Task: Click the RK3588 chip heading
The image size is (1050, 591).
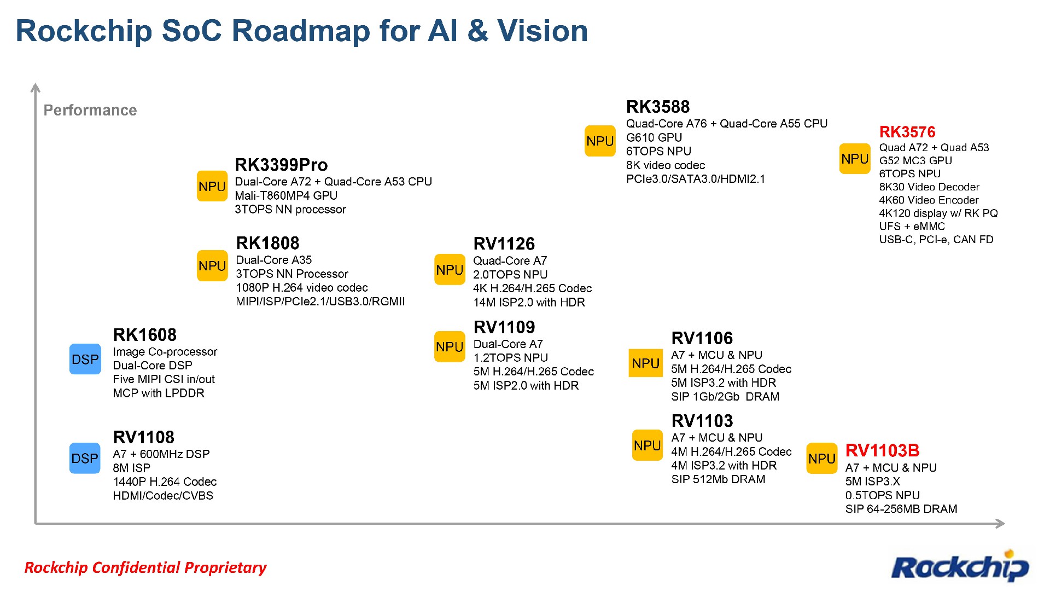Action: tap(658, 107)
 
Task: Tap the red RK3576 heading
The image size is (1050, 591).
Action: tap(907, 132)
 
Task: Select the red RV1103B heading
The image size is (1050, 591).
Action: tap(882, 451)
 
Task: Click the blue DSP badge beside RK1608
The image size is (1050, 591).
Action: tap(85, 359)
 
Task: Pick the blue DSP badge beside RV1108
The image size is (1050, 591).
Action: tap(85, 458)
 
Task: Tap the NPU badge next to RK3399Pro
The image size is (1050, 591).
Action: tap(212, 186)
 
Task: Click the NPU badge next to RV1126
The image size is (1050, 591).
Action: tap(450, 269)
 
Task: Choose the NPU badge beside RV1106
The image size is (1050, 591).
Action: tap(646, 363)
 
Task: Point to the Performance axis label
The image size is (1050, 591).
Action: tap(90, 110)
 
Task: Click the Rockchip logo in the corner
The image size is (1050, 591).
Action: tap(960, 567)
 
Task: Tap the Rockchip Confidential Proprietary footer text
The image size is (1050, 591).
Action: tap(145, 567)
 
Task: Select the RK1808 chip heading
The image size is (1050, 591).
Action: tap(267, 243)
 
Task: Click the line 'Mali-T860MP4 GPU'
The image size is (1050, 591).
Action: tap(286, 195)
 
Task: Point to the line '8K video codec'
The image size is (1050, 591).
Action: tap(666, 165)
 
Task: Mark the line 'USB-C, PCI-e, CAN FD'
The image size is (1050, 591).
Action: tap(936, 239)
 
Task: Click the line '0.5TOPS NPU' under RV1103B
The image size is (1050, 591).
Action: tap(882, 495)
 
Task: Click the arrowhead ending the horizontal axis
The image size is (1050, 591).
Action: tap(1000, 524)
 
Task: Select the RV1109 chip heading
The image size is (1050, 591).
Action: tap(504, 327)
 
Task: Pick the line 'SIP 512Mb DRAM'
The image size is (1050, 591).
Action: tap(718, 479)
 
